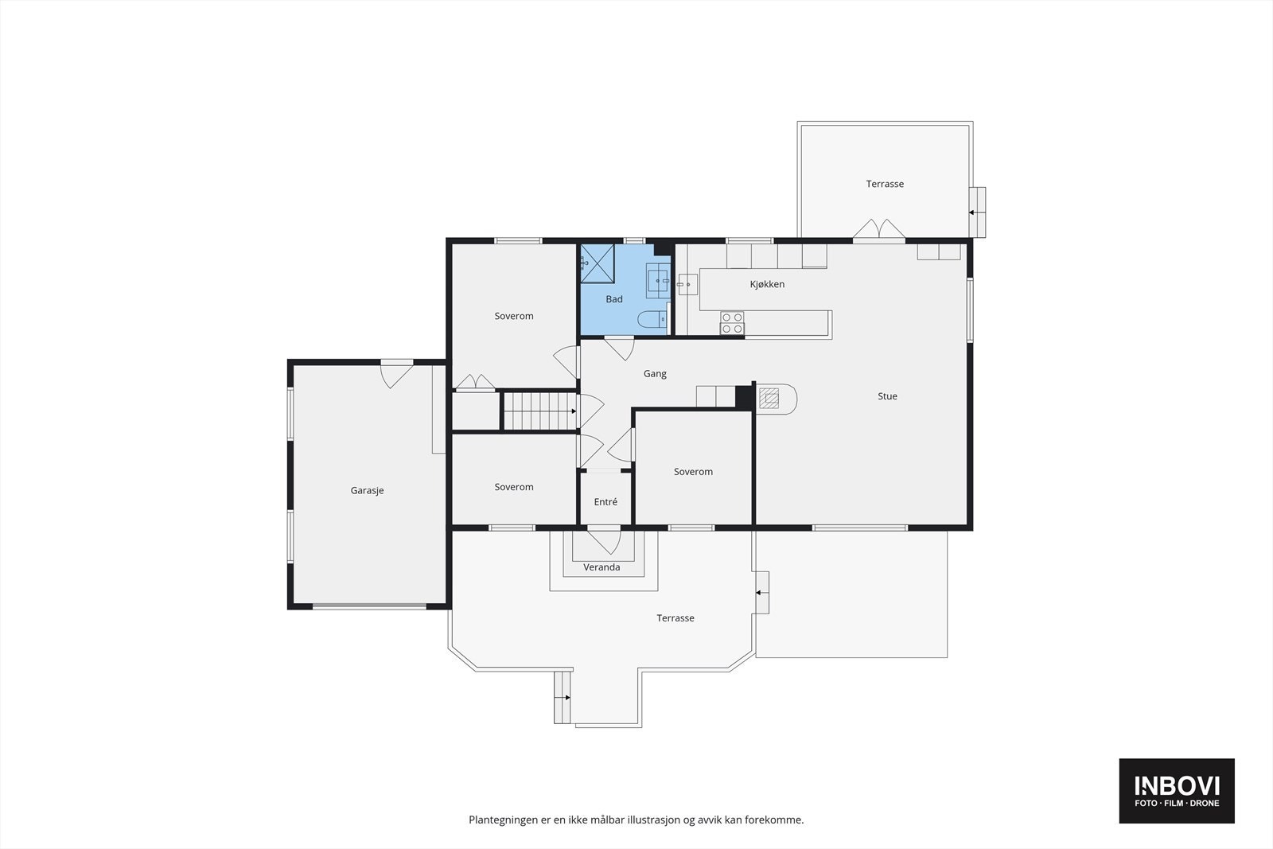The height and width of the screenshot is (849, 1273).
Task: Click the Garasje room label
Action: (367, 490)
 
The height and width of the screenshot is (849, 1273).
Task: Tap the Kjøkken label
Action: (767, 284)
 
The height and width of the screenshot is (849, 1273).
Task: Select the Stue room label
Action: (887, 396)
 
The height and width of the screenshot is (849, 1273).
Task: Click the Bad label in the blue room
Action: (613, 299)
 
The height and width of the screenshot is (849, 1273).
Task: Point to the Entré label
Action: (605, 502)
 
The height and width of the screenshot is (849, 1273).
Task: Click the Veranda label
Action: (601, 567)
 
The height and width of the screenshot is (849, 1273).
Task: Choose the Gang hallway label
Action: (655, 373)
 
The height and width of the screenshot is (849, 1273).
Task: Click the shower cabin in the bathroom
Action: (598, 263)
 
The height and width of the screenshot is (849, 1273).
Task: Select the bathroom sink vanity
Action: (658, 281)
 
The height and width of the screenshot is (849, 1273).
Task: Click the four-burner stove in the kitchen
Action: (732, 323)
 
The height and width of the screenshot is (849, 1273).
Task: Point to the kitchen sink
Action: (687, 284)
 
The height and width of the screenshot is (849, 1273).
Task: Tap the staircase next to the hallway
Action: (540, 411)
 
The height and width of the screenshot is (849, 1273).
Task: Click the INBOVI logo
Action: (1177, 790)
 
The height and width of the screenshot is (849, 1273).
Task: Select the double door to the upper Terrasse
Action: (878, 229)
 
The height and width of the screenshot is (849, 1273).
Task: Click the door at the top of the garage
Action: (397, 375)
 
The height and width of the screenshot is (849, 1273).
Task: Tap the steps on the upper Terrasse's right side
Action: (978, 212)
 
